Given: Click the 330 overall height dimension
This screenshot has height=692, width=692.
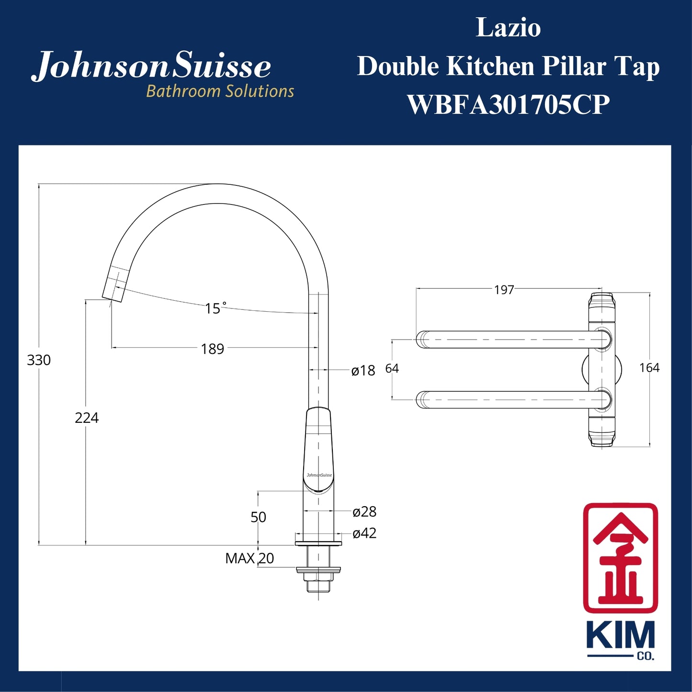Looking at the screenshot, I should pos(39,360).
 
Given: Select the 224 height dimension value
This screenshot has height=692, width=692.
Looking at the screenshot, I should pos(87,418).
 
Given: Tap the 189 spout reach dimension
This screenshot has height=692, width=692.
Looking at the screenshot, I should pos(213,349).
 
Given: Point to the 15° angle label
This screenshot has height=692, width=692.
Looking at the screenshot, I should pos(215,308).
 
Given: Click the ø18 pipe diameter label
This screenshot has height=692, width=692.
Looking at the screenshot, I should pos(363,371).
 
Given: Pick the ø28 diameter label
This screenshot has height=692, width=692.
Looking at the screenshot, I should pos(364,512).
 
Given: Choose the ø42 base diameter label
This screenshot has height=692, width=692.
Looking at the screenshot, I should pos(364,533).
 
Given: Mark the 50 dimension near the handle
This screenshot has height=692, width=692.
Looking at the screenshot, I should pos(258,517).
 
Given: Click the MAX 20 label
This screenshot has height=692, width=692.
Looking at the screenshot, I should pos(250,558).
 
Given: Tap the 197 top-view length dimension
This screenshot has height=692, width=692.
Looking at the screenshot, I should pos(504,290).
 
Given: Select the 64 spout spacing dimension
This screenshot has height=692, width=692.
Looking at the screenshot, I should pos(392,368).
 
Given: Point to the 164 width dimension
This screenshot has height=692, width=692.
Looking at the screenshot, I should pos(649,368).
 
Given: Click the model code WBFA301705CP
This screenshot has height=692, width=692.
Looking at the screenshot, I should pos(508,104).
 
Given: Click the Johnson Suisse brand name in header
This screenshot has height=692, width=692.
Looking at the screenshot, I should pos(152,66).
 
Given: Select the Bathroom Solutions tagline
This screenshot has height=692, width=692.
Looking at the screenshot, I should pos(220,91).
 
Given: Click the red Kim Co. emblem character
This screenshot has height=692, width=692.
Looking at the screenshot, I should pos(620,557).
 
